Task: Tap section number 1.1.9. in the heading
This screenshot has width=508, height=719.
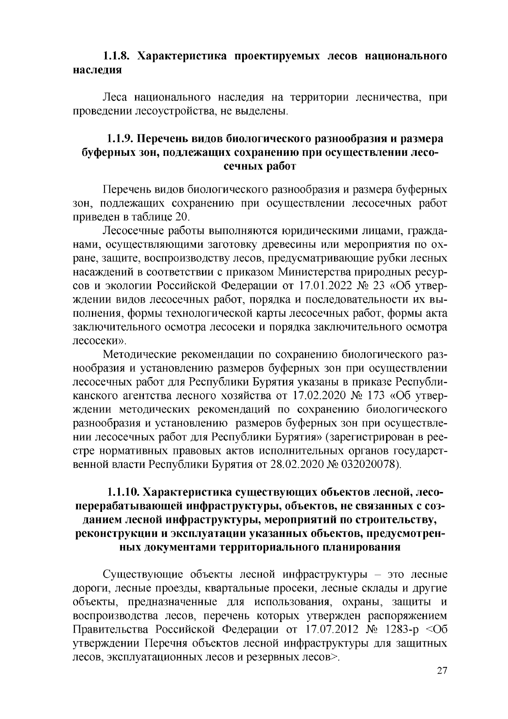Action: click(120, 139)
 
